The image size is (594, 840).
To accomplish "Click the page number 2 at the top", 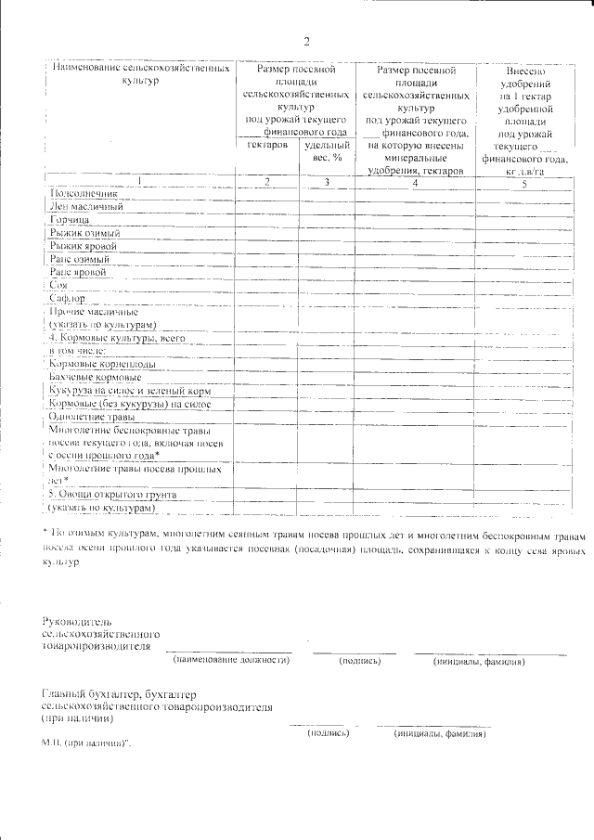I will click(x=306, y=41).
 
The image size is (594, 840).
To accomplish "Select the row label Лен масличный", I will click(x=86, y=207).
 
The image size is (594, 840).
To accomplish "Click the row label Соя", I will click(x=58, y=286).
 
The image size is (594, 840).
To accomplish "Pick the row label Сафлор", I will click(x=67, y=299).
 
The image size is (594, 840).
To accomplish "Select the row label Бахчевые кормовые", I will click(x=96, y=378).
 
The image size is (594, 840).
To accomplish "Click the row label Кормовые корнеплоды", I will click(x=102, y=365).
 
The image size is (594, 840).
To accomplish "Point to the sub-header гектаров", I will click(x=267, y=147).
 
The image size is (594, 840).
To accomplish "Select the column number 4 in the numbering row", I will click(x=415, y=183).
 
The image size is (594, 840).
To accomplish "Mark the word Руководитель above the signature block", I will click(x=78, y=619).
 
